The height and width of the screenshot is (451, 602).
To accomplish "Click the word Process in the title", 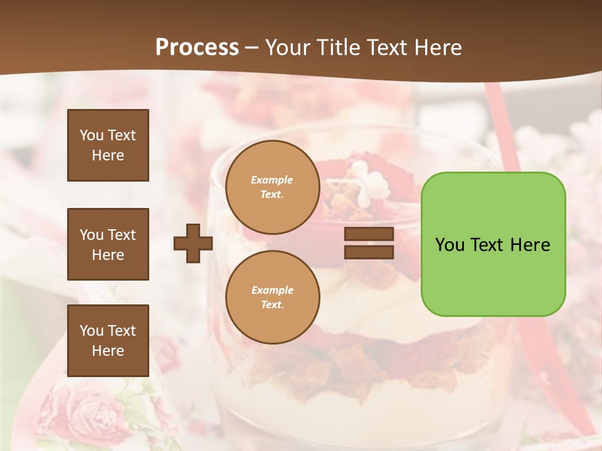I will pyautogui.click(x=197, y=48).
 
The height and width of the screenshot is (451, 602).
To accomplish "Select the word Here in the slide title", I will pyautogui.click(x=437, y=48).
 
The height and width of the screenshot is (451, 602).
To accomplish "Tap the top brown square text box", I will pyautogui.click(x=108, y=145).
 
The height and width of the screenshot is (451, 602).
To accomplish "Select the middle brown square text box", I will pyautogui.click(x=108, y=244).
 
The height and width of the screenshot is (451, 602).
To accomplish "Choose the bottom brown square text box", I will pyautogui.click(x=108, y=341).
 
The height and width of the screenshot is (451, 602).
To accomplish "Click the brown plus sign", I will pyautogui.click(x=193, y=243).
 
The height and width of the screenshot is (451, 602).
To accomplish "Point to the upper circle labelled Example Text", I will pyautogui.click(x=272, y=187).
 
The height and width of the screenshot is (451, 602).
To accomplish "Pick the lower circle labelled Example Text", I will pyautogui.click(x=272, y=298).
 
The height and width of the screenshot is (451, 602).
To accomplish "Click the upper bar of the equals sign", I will pyautogui.click(x=369, y=234).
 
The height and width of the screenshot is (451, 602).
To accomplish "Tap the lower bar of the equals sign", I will pyautogui.click(x=369, y=252).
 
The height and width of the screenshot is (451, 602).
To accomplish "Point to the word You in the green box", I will pyautogui.click(x=449, y=245).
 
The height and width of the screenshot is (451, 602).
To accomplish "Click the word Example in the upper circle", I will pyautogui.click(x=272, y=180).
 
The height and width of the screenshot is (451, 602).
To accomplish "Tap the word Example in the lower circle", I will pyautogui.click(x=272, y=290).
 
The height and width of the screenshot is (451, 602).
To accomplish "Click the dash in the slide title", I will pyautogui.click(x=252, y=48).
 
